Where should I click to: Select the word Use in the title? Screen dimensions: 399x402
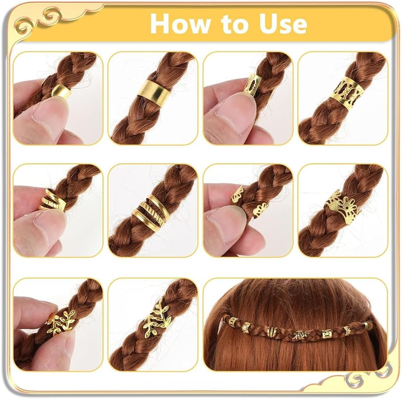tap(283, 24)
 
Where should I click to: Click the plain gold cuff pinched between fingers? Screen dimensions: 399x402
tap(62, 92)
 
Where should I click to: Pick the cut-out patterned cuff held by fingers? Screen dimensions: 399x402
tap(252, 85)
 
